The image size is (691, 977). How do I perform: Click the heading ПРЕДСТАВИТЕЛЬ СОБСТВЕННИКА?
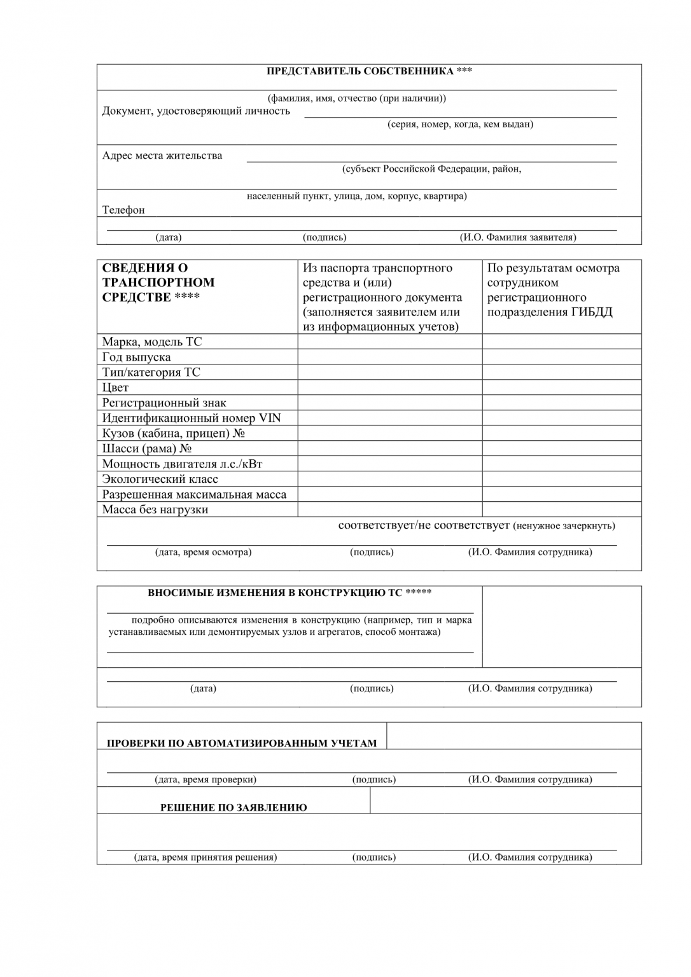(x=369, y=71)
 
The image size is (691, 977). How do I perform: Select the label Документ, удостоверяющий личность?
(x=196, y=111)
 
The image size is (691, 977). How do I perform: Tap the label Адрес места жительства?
(x=162, y=156)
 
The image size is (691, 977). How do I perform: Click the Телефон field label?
(x=123, y=210)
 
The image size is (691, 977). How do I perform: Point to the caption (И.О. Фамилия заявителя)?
(x=518, y=237)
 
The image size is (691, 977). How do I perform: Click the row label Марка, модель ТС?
(x=152, y=342)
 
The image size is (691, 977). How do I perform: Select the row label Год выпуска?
(x=136, y=357)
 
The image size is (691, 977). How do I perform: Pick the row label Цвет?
(x=115, y=387)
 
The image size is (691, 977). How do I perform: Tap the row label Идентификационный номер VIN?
(x=192, y=418)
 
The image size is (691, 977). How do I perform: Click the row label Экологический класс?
(x=160, y=479)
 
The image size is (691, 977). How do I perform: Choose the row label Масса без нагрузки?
(x=155, y=509)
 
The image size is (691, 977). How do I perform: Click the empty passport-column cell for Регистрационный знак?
(x=389, y=403)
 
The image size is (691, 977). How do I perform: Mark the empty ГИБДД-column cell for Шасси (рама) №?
(x=561, y=448)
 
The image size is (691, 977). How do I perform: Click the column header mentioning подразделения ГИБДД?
(x=552, y=290)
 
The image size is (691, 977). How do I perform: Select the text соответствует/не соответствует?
(x=424, y=525)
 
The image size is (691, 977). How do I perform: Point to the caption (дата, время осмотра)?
(x=203, y=552)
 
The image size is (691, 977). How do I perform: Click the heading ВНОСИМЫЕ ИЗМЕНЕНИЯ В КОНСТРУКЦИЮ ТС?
(x=290, y=593)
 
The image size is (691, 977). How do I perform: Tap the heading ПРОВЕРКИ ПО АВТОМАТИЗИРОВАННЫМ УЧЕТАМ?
(x=242, y=743)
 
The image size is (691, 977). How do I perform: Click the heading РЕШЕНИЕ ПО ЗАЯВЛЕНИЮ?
(x=234, y=808)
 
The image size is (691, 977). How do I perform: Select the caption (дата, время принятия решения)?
(x=205, y=857)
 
